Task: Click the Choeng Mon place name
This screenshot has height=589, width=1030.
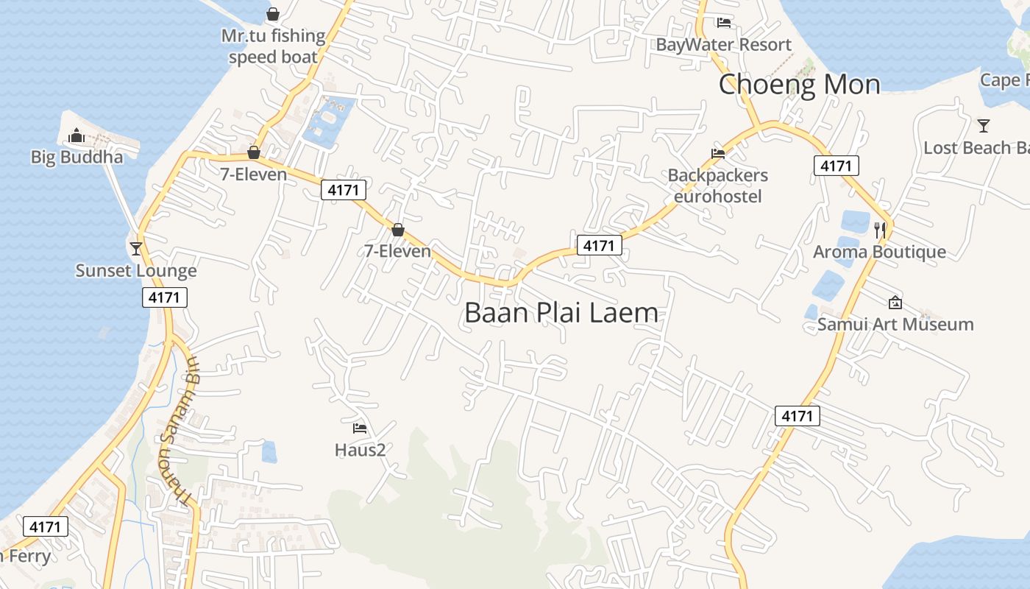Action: point(799,84)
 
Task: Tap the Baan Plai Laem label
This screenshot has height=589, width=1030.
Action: point(561,313)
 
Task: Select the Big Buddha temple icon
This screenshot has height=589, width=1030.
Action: point(76,136)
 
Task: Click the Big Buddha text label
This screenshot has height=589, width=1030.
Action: point(77,157)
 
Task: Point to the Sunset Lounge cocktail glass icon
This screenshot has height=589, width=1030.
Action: point(136,248)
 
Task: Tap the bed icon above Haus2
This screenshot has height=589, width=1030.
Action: point(360,428)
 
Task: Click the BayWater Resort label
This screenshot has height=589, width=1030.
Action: point(724,45)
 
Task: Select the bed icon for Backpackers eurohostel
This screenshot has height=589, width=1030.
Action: point(718,154)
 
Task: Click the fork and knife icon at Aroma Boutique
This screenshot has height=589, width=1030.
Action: point(880,229)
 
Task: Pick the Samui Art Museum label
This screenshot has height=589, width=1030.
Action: point(895,324)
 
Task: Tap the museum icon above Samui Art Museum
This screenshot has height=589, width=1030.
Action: point(895,302)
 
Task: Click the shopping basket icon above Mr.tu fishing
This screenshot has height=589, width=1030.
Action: point(273,13)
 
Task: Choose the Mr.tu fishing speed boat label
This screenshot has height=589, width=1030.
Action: point(273,46)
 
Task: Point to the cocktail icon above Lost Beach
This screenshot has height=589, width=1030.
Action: point(984,125)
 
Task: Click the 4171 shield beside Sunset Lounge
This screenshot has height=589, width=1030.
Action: point(165,297)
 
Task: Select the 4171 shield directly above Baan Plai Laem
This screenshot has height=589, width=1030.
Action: point(599,245)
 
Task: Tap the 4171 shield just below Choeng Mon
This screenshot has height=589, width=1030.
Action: point(837,166)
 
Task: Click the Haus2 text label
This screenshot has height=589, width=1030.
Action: point(360,449)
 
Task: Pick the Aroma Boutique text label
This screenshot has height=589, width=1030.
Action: point(879,252)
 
